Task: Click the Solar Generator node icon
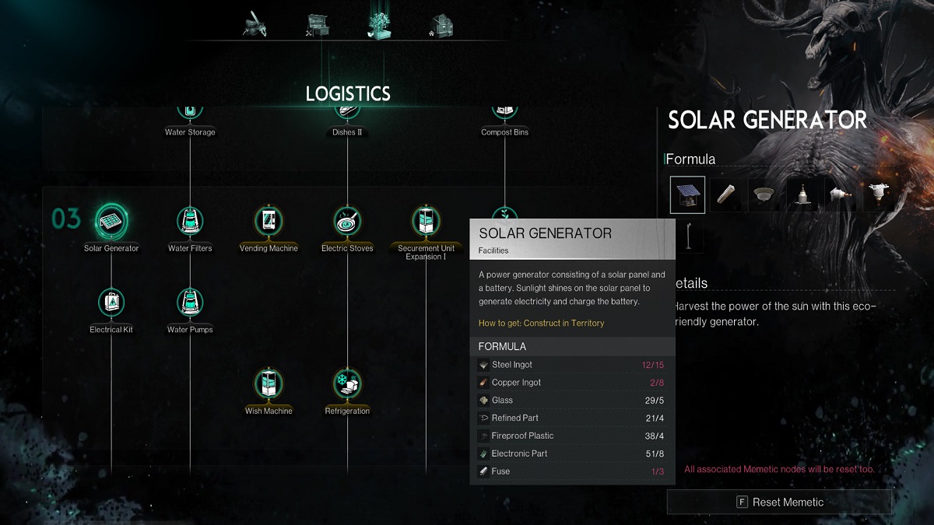pyautogui.click(x=111, y=221)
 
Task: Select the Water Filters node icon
pyautogui.click(x=190, y=221)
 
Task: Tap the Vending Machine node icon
pyautogui.click(x=269, y=220)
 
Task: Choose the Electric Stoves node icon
pyautogui.click(x=347, y=220)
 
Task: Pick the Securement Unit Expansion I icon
pyautogui.click(x=426, y=220)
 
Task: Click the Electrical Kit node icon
pyautogui.click(x=111, y=302)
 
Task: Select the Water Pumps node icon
pyautogui.click(x=190, y=302)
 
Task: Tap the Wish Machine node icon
pyautogui.click(x=269, y=383)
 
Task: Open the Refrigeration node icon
pyautogui.click(x=347, y=383)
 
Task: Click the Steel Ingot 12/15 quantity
pyautogui.click(x=652, y=365)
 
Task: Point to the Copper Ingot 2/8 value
pyautogui.click(x=657, y=383)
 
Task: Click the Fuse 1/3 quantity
pyautogui.click(x=658, y=471)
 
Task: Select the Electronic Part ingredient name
pyautogui.click(x=519, y=453)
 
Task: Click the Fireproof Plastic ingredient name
pyautogui.click(x=522, y=436)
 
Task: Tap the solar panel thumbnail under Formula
pyautogui.click(x=687, y=194)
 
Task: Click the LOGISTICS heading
pyautogui.click(x=348, y=94)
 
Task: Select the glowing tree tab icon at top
pyautogui.click(x=379, y=25)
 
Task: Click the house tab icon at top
pyautogui.click(x=441, y=26)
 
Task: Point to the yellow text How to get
pyautogui.click(x=541, y=323)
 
